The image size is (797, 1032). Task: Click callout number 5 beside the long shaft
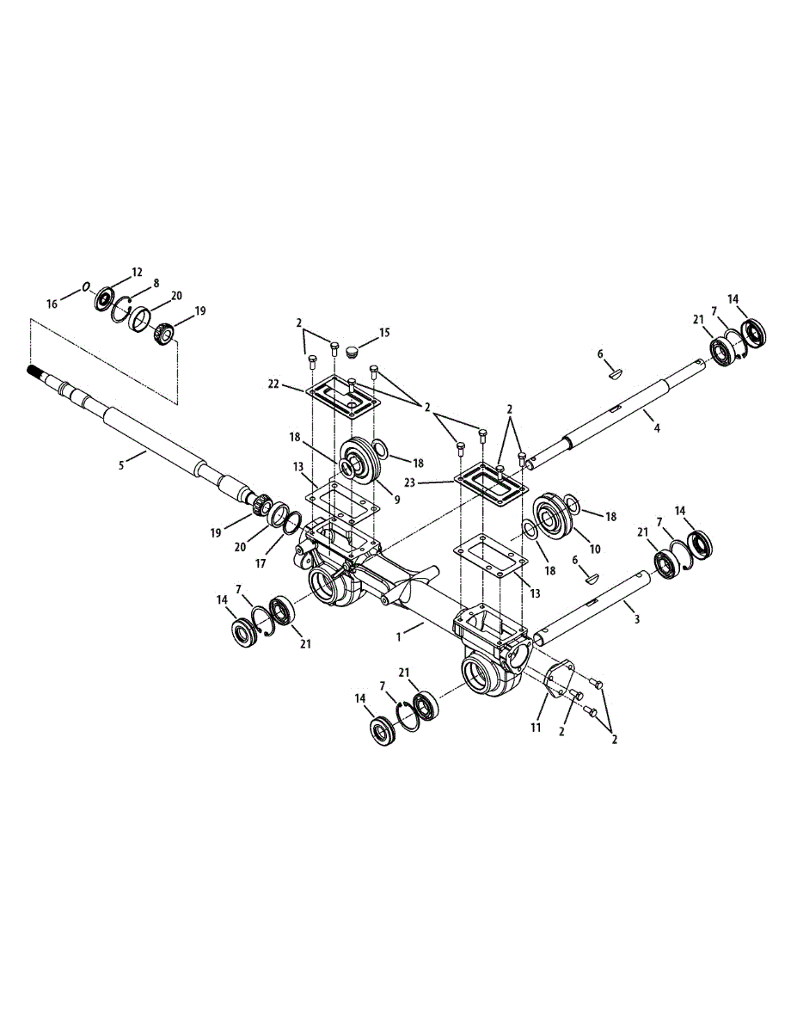(x=121, y=464)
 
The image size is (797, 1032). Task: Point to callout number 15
(x=384, y=332)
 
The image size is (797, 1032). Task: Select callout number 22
(x=274, y=384)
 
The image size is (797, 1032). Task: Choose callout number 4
(x=656, y=427)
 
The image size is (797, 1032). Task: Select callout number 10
(x=595, y=549)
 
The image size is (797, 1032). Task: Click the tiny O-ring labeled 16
(x=86, y=287)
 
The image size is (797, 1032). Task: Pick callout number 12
(x=137, y=272)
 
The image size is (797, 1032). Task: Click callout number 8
(x=156, y=282)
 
